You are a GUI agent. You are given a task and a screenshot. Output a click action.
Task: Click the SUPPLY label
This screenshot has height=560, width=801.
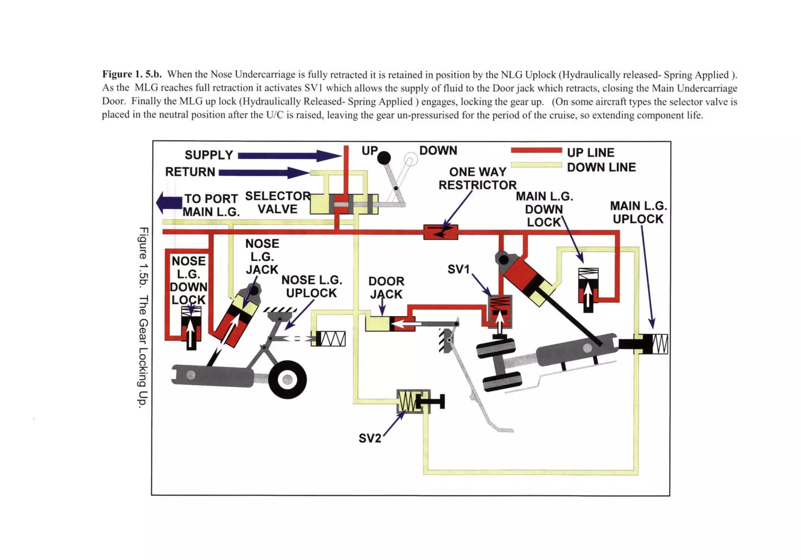pyautogui.click(x=209, y=155)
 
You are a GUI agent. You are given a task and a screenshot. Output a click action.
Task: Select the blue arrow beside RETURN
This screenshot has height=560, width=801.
pyautogui.click(x=264, y=172)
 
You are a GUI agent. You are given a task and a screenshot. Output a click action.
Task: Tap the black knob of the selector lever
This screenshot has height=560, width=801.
pyautogui.click(x=384, y=158)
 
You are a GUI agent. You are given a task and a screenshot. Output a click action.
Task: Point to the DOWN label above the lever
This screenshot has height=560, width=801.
pyautogui.click(x=438, y=150)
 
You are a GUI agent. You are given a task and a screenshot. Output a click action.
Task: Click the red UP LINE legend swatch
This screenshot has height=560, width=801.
pyautogui.click(x=536, y=150)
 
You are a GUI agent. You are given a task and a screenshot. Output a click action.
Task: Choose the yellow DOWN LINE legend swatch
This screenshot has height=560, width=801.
pyautogui.click(x=536, y=165)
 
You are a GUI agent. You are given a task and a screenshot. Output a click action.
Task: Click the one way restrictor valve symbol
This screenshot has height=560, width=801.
pyautogui.click(x=440, y=232)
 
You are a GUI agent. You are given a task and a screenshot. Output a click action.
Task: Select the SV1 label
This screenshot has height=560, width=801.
pyautogui.click(x=458, y=269)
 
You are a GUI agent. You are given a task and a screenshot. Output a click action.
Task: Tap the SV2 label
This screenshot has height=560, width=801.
pyautogui.click(x=370, y=438)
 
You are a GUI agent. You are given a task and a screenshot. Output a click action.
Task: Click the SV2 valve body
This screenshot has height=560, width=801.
pyautogui.click(x=413, y=401)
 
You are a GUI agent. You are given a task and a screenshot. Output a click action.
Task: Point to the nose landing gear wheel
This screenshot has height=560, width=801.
pyautogui.click(x=287, y=379)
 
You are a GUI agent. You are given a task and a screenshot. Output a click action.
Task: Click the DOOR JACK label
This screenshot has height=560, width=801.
pyautogui.click(x=386, y=288)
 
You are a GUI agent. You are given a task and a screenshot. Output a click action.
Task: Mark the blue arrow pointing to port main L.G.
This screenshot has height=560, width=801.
pyautogui.click(x=169, y=202)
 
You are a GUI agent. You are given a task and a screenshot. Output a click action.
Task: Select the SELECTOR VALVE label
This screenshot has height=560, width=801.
pyautogui.click(x=278, y=202)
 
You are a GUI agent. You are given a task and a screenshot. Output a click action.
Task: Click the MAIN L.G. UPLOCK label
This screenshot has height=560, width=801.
pyautogui.click(x=638, y=212)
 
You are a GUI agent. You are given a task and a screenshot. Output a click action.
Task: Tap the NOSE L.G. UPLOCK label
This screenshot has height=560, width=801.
pyautogui.click(x=312, y=286)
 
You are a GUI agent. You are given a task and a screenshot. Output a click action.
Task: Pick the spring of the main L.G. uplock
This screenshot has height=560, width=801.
pyautogui.click(x=660, y=344)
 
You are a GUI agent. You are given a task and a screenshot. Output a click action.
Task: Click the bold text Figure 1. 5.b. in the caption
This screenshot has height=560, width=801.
pyautogui.click(x=132, y=74)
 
